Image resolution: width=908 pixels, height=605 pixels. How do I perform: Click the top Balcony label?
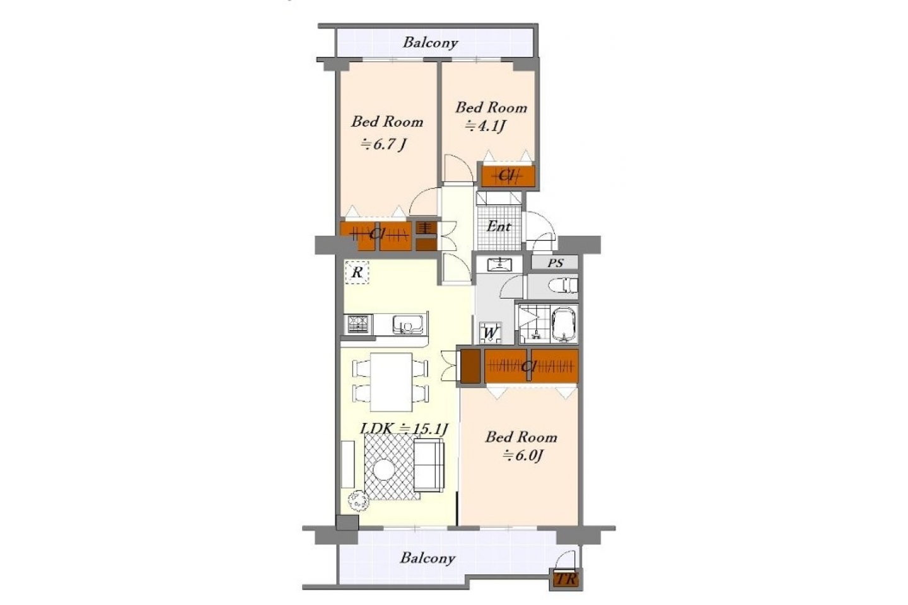coord(430,43)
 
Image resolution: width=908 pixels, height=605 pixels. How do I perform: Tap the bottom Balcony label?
coord(428,558)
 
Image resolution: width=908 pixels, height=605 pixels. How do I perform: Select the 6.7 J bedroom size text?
coord(383,144)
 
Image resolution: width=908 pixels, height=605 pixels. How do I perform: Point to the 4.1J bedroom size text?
coord(485,127)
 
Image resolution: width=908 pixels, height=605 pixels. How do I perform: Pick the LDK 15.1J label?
coord(404,429)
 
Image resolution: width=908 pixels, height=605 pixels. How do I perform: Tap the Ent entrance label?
coord(499,226)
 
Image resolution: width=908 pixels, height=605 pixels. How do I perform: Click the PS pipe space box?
coord(554,263)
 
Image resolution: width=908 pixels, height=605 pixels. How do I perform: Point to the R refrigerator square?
coord(357,273)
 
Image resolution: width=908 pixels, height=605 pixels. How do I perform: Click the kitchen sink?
coord(408,325)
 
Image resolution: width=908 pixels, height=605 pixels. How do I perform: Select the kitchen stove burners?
coord(358,324)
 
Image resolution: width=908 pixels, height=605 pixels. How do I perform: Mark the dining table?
coord(391,382)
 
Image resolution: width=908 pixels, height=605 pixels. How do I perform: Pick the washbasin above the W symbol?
coord(500,264)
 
